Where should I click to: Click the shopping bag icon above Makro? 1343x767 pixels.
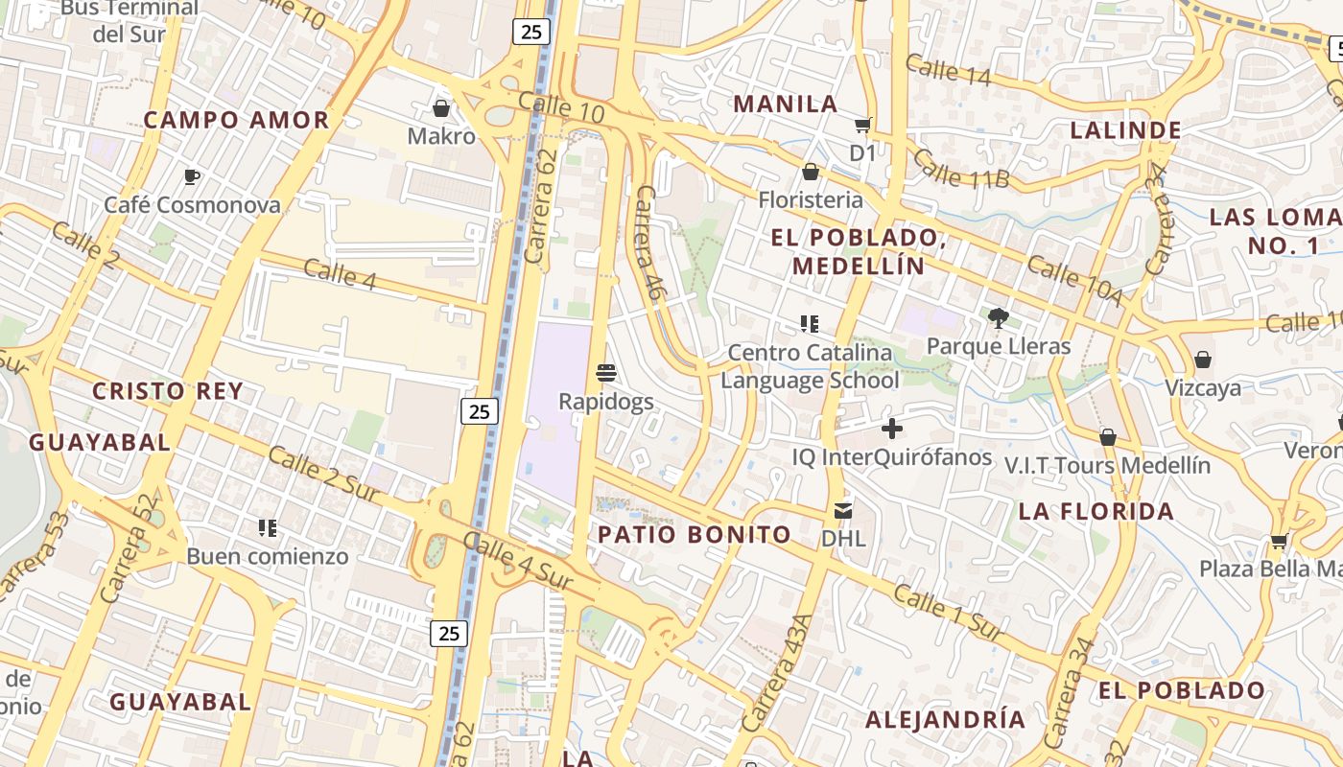click(441, 108)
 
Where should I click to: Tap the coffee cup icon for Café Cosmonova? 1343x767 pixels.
click(192, 176)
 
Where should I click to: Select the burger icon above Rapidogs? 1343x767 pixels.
click(605, 372)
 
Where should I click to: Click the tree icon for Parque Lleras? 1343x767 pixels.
click(998, 317)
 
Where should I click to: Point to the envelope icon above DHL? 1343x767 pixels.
click(843, 510)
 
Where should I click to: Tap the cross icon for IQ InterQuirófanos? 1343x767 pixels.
click(892, 429)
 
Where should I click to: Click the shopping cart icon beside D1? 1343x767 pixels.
click(862, 125)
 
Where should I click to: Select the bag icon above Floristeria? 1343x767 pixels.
click(811, 172)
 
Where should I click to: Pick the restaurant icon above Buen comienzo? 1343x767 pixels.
click(268, 527)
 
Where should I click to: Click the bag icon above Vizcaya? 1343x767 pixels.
click(1202, 360)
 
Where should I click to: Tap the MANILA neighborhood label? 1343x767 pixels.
click(786, 104)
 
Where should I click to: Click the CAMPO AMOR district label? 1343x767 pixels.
click(236, 120)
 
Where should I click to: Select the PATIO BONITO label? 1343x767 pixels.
click(695, 534)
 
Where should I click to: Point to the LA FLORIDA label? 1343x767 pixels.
click(1096, 511)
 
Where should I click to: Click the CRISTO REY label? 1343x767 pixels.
click(167, 391)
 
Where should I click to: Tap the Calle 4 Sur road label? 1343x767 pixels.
click(518, 560)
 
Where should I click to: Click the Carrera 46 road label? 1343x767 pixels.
click(649, 242)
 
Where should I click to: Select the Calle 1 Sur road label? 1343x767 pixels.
click(949, 613)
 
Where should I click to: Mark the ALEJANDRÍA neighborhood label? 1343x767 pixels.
click(945, 719)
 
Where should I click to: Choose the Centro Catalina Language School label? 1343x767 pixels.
click(810, 366)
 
